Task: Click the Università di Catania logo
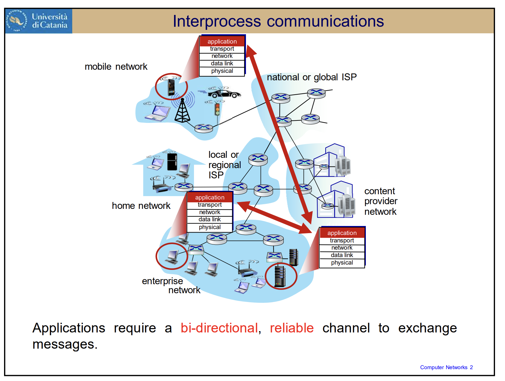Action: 39,21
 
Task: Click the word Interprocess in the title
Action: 217,21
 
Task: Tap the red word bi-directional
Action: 219,328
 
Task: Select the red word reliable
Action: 292,328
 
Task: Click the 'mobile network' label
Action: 116,67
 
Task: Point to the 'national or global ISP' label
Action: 312,77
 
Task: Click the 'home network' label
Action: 141,206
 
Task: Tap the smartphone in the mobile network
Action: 171,87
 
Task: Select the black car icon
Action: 224,93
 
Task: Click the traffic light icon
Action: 217,109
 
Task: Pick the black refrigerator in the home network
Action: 172,161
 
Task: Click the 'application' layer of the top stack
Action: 222,41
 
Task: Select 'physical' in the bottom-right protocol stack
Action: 342,263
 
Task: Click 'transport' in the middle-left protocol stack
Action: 210,205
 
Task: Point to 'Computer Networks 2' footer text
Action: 446,367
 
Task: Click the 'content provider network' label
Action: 381,201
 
